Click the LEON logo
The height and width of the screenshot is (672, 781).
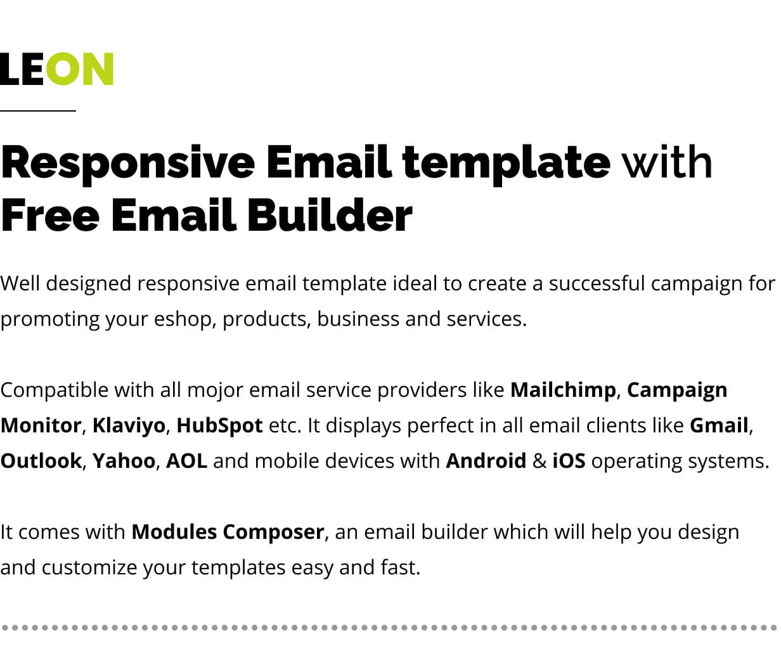tap(56, 69)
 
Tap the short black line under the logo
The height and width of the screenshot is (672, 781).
tap(38, 111)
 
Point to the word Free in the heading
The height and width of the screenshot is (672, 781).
tap(50, 215)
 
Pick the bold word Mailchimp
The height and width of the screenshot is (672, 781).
tap(563, 390)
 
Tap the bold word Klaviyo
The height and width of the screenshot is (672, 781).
tap(129, 426)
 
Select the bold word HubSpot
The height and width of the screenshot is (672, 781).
tap(219, 426)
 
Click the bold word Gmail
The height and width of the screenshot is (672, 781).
tap(719, 425)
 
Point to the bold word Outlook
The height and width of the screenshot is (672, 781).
tap(41, 461)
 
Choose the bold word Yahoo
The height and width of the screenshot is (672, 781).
tap(124, 461)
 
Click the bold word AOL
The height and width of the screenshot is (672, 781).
tap(186, 461)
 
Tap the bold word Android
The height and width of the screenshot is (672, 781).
tap(486, 461)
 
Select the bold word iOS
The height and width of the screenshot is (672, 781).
tap(569, 461)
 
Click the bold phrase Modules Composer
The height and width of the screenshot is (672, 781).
tap(228, 532)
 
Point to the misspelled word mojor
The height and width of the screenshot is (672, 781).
tap(215, 391)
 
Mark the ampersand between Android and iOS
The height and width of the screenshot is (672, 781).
tap(539, 461)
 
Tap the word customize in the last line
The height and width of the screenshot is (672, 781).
tap(89, 567)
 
